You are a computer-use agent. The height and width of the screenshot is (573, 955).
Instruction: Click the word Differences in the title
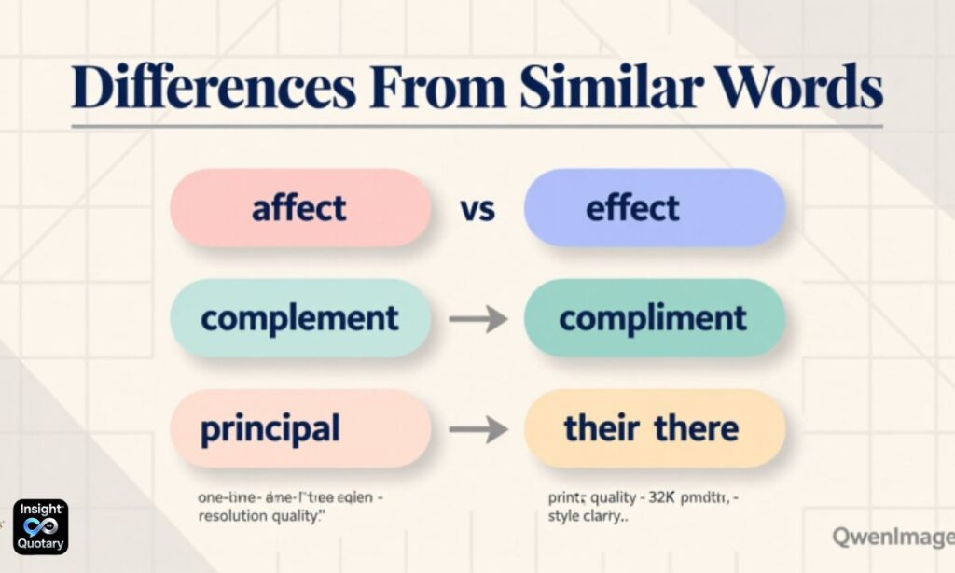[213, 89]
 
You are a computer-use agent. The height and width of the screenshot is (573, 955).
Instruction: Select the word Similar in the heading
[610, 89]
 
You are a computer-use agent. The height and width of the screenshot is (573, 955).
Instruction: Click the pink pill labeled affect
[299, 208]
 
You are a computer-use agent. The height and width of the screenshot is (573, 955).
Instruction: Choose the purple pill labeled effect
[654, 208]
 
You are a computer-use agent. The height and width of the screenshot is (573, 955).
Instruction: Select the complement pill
[299, 318]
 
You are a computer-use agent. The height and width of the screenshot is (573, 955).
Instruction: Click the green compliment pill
[654, 318]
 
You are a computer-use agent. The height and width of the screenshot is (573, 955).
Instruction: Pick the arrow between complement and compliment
[477, 319]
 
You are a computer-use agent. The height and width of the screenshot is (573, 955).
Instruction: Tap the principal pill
[299, 429]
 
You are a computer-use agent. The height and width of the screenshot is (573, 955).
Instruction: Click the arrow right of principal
[477, 429]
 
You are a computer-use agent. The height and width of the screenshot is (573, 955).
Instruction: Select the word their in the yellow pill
[602, 428]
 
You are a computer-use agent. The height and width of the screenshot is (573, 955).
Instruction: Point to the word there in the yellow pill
[696, 428]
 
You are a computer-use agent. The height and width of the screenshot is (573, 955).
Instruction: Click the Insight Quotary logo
[40, 526]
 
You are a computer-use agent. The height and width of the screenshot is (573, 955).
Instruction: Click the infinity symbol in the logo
[40, 526]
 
